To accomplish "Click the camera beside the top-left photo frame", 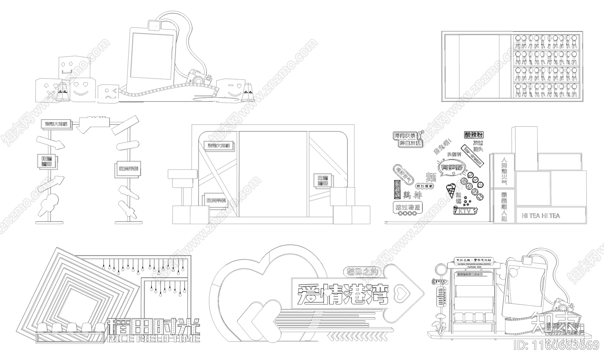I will coord(197,77).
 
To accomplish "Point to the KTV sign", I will coord(465,211).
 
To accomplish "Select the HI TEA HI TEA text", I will coord(541,216).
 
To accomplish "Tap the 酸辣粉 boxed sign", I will coord(474,135).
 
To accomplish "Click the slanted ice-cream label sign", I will coord(472,155).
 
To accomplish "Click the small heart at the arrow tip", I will coord(401,291).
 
